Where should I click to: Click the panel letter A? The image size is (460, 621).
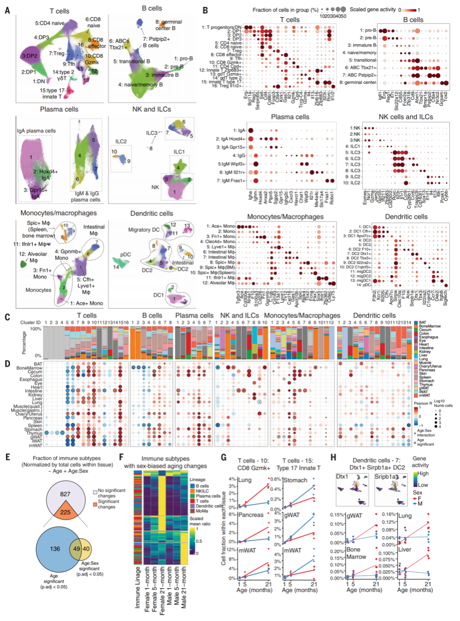click(x=7, y=10)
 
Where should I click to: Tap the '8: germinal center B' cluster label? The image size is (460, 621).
click(x=168, y=25)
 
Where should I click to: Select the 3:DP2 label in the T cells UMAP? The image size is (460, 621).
click(x=29, y=56)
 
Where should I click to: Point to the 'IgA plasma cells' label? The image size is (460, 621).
click(x=36, y=131)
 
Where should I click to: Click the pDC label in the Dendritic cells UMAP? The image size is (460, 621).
click(x=125, y=254)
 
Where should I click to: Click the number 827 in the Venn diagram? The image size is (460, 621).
click(x=65, y=494)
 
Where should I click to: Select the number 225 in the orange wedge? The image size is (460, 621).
click(x=65, y=512)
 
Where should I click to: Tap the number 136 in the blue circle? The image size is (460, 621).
click(x=55, y=549)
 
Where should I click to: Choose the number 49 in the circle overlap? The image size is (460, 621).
click(x=77, y=549)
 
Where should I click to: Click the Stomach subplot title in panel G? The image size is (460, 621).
click(x=296, y=480)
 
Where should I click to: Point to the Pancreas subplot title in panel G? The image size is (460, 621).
click(x=251, y=515)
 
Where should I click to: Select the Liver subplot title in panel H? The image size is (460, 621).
click(x=405, y=549)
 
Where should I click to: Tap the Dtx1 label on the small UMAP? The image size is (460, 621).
click(x=342, y=476)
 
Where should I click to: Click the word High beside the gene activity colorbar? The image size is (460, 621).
click(x=423, y=473)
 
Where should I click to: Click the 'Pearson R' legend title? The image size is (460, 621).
click(x=423, y=403)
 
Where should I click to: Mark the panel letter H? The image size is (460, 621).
click(x=333, y=457)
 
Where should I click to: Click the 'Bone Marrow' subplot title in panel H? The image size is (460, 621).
click(x=356, y=553)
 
